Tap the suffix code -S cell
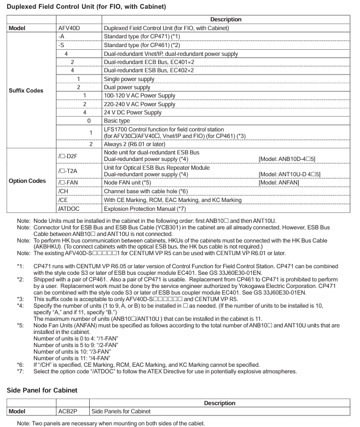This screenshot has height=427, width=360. click(61, 48)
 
